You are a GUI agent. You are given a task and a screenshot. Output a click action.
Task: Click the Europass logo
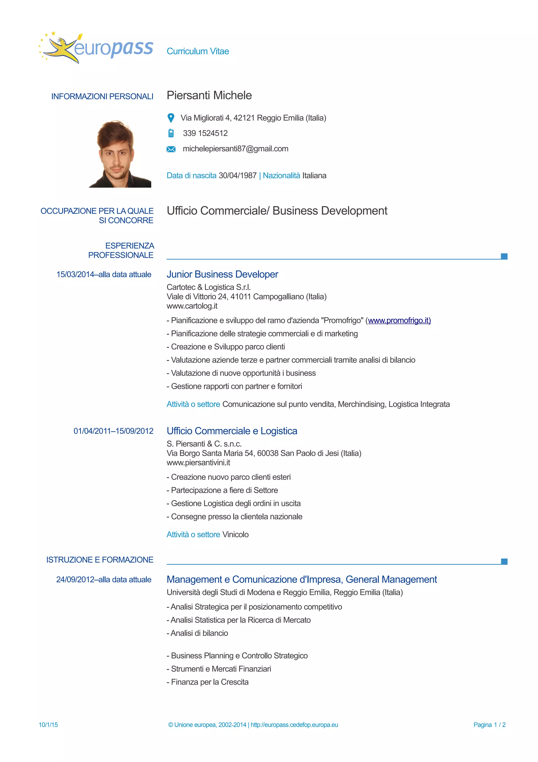coord(96,48)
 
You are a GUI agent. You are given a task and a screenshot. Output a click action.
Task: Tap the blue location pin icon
coord(171,118)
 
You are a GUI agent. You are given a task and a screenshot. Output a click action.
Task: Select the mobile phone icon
coord(171,133)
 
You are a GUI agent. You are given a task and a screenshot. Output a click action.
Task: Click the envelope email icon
coord(171,149)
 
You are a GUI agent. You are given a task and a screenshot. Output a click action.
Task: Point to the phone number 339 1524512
coord(205,133)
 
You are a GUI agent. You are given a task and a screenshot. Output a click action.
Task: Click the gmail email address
coord(235,149)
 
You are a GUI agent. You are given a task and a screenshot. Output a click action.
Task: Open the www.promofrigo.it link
coord(399,320)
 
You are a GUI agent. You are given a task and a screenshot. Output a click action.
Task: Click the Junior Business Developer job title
coord(222,274)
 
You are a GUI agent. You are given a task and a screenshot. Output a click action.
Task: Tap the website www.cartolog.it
coord(192,306)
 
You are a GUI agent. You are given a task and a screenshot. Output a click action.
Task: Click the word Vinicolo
coord(235,534)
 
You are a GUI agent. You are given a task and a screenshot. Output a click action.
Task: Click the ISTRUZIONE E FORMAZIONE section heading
coord(100,560)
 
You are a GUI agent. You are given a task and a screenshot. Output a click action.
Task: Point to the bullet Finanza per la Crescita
coord(209,682)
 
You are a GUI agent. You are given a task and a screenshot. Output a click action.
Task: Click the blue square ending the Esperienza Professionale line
coord(504,256)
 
